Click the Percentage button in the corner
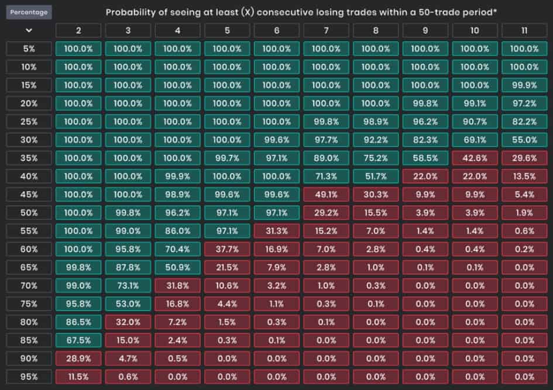pyautogui.click(x=29, y=12)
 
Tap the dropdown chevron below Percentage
pyautogui.click(x=29, y=30)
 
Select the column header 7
pyautogui.click(x=326, y=30)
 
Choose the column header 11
pyautogui.click(x=524, y=30)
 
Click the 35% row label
pyautogui.click(x=29, y=158)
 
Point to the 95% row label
pyautogui.click(x=29, y=377)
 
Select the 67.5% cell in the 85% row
pyautogui.click(x=78, y=340)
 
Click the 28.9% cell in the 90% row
pyautogui.click(x=78, y=358)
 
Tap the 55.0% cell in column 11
pyautogui.click(x=524, y=140)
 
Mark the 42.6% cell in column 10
pyautogui.click(x=475, y=158)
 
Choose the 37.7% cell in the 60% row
pyautogui.click(x=227, y=249)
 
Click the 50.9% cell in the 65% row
pyautogui.click(x=177, y=267)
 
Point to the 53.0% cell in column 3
pyautogui.click(x=128, y=304)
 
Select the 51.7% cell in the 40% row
pyautogui.click(x=376, y=176)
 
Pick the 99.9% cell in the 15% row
pyautogui.click(x=524, y=85)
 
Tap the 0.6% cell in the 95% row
pyautogui.click(x=128, y=377)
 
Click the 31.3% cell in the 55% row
pyautogui.click(x=276, y=231)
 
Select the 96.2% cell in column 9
pyautogui.click(x=425, y=122)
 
